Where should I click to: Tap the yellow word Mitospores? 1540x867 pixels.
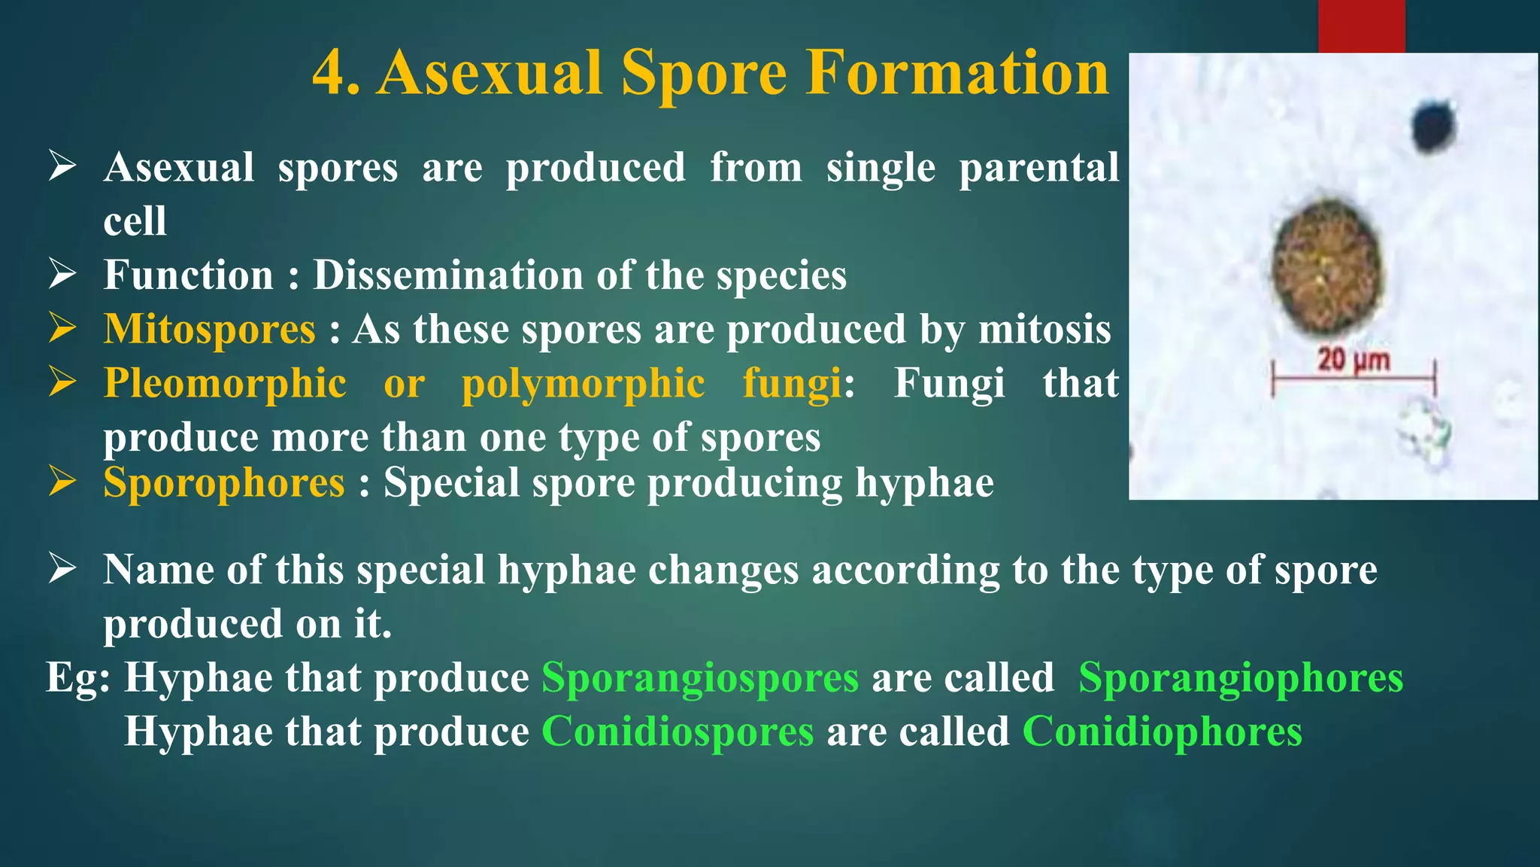click(209, 330)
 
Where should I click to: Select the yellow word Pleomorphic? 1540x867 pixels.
click(225, 383)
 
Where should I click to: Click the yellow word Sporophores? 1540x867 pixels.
click(223, 482)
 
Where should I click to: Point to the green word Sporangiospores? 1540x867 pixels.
click(699, 677)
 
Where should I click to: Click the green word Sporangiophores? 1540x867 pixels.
click(1240, 677)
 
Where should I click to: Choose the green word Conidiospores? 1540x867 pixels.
click(678, 732)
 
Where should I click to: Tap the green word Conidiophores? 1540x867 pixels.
click(1162, 732)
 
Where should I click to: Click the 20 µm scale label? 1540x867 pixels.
click(1354, 360)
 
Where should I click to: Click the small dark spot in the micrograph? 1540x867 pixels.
click(1433, 126)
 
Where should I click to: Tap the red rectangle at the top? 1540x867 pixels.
click(1361, 26)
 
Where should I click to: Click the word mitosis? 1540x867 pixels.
click(1044, 330)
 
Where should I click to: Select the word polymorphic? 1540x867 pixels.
click(583, 383)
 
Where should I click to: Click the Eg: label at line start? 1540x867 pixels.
click(78, 677)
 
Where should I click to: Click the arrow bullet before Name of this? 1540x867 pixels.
click(62, 568)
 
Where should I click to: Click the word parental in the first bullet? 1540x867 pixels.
click(1038, 167)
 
